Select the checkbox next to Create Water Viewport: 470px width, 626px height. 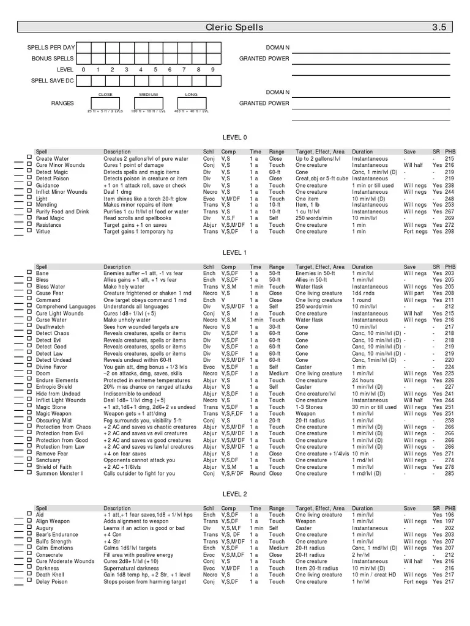(x=29, y=158)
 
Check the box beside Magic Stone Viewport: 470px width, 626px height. (x=29, y=407)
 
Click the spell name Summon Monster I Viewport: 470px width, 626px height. (x=59, y=474)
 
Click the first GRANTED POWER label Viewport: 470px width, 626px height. (x=264, y=58)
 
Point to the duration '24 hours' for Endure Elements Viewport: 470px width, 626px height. (x=363, y=380)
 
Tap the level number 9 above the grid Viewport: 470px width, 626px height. (x=213, y=69)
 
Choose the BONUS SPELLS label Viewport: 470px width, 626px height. (x=53, y=58)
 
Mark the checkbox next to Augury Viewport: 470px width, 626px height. (x=29, y=528)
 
